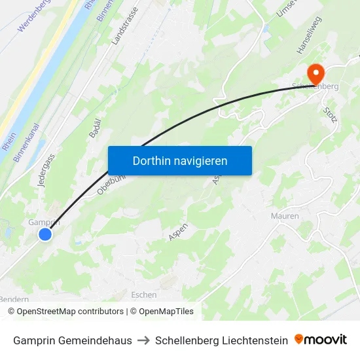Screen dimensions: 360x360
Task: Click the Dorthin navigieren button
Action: click(x=179, y=160)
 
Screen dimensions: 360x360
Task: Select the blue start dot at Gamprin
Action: click(x=45, y=234)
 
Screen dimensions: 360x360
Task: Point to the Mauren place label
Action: click(x=285, y=216)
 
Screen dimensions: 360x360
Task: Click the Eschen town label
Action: click(x=144, y=295)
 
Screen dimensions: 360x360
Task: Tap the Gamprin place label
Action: click(x=44, y=222)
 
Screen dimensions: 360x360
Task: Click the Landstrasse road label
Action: click(x=125, y=26)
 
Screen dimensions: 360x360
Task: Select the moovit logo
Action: click(x=321, y=340)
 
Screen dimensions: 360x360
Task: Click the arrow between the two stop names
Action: click(x=143, y=340)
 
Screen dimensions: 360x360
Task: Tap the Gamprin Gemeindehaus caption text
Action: click(x=72, y=340)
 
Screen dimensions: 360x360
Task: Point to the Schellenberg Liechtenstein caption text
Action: click(x=221, y=340)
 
